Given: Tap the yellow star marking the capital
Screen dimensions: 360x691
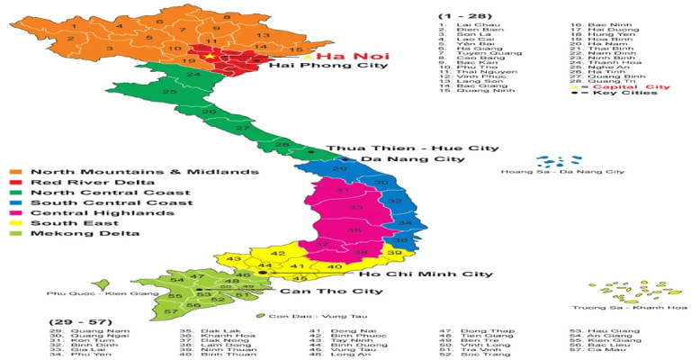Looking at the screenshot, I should (211, 57).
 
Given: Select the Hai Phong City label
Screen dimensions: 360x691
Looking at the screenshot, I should (321, 66).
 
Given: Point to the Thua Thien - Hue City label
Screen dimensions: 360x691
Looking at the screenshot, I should (412, 148).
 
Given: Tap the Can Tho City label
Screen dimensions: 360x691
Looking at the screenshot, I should (328, 292).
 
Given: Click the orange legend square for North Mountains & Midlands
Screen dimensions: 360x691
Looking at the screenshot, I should (16, 172).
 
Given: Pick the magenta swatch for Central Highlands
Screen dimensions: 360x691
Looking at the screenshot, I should (16, 213).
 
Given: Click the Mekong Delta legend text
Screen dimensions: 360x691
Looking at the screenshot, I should (73, 234).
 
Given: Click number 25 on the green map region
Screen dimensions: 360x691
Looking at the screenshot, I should (169, 92).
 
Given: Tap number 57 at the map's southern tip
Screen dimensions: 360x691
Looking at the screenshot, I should (171, 311).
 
